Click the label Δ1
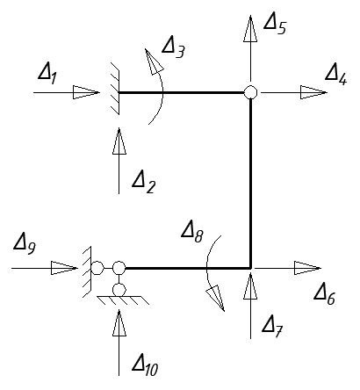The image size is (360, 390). coord(48,75)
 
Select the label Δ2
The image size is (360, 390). coord(144,183)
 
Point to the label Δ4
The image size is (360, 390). coord(336,76)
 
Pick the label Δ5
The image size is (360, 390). coord(275,25)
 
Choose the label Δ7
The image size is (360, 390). coord(272,327)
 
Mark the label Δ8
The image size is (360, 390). coord(192,232)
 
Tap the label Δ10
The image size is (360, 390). coord(145,365)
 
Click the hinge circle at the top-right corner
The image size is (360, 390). coord(250,92)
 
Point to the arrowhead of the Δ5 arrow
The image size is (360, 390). coord(250,28)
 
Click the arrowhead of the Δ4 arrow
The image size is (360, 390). coord(313,92)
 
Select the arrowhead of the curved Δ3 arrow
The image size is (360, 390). coord(154,61)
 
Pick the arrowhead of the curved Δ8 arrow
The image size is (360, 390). coord(216,298)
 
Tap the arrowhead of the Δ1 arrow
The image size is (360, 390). coord(86,92)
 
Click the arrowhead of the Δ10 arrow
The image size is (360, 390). coord(119,323)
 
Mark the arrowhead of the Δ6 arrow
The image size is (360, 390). coord(308,268)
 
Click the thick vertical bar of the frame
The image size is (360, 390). coord(251,184)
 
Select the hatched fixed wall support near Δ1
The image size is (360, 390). coord(115,89)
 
